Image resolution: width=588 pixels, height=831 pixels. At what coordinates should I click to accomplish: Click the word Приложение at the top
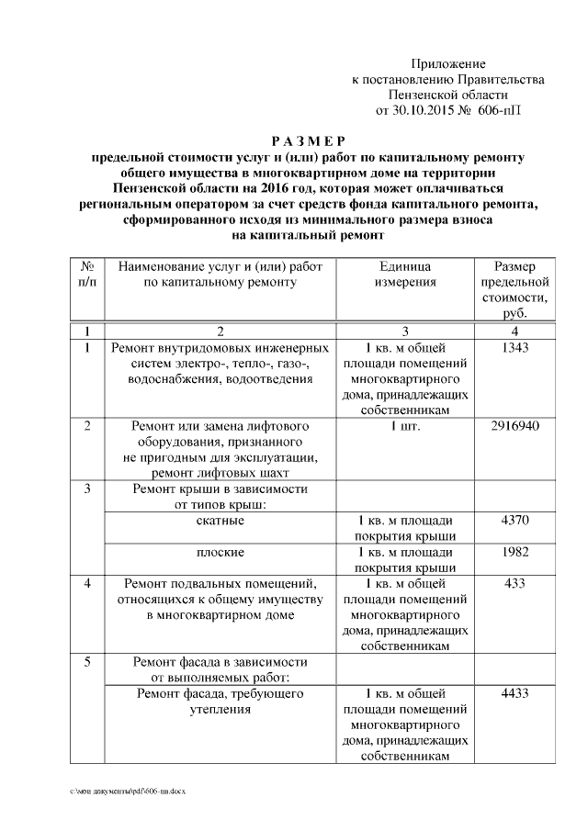click(x=447, y=63)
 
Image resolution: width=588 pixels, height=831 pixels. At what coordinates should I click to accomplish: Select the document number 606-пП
click(x=497, y=110)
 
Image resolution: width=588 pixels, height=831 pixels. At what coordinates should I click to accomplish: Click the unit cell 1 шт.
click(x=405, y=426)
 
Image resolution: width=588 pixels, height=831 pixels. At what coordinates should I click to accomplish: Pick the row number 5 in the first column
click(x=87, y=661)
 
